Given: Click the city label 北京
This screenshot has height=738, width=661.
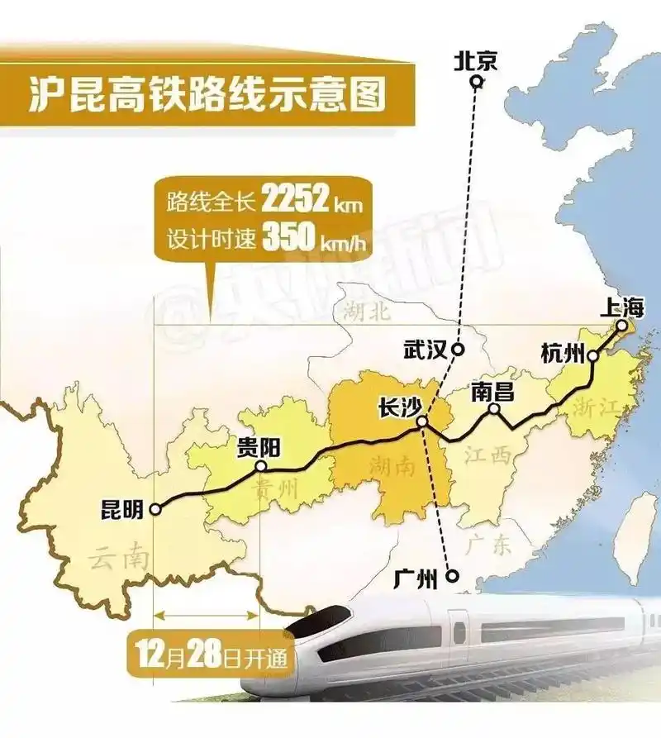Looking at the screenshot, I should [476, 60].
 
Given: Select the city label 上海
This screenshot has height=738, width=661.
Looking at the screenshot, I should [621, 307].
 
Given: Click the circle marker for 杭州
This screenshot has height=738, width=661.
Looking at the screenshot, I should [593, 356].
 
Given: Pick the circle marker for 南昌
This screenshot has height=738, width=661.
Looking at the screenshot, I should [494, 409].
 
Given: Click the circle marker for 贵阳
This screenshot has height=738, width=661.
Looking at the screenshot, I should [261, 466].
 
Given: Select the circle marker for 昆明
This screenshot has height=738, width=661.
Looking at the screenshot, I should [155, 511].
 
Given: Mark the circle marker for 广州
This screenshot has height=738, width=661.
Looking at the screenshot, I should [452, 576].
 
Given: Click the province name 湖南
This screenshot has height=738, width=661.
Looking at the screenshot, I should [392, 465].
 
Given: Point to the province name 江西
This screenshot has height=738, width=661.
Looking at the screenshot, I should [486, 454].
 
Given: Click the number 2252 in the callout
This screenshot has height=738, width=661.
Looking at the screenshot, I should [299, 199].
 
